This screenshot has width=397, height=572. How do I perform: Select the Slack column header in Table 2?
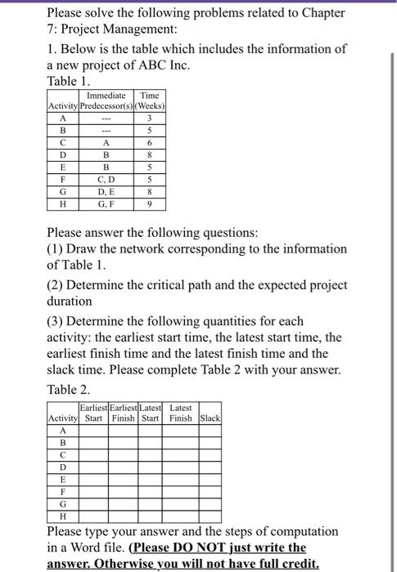click(x=210, y=418)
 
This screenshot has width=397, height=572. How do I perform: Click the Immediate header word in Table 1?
click(x=105, y=95)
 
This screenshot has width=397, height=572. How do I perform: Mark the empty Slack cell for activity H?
click(x=210, y=516)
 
